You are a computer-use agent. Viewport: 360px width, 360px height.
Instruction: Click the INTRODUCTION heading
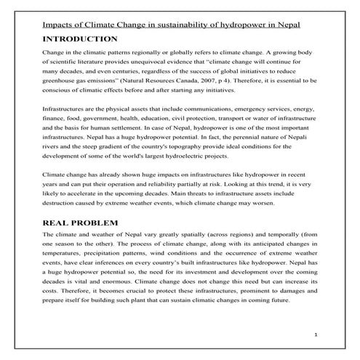80,38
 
